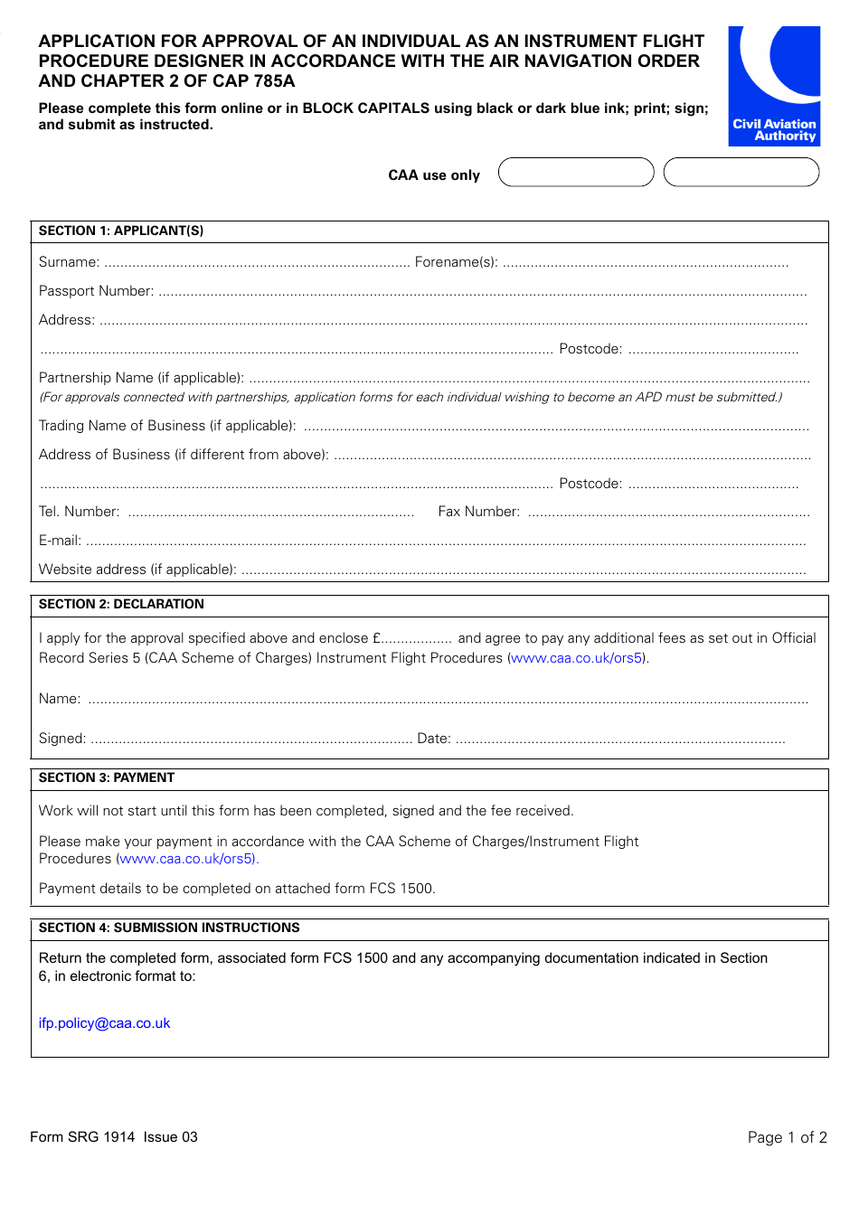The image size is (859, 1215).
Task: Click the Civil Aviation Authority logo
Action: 774,86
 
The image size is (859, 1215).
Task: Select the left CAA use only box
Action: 576,173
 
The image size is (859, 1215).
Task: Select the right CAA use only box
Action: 741,173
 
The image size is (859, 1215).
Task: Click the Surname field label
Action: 69,262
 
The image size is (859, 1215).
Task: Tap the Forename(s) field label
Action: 456,262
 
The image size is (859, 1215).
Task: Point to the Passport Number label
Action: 96,291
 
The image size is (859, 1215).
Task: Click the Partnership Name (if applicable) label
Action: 141,378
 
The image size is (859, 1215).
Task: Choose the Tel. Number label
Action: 79,512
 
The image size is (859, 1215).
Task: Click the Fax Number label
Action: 478,512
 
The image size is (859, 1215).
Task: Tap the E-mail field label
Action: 60,541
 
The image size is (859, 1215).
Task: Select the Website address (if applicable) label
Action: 137,570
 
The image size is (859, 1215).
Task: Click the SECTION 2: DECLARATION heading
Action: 121,604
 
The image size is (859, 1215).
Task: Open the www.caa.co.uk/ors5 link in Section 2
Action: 577,658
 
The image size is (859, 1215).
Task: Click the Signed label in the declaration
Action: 61,739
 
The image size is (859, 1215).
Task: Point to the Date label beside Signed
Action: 433,739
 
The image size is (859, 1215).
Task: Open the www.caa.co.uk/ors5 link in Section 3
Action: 188,859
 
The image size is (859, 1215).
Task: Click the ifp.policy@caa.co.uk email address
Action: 104,1023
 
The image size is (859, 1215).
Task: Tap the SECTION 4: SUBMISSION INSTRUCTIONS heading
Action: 168,928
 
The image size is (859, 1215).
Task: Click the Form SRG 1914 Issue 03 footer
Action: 114,1137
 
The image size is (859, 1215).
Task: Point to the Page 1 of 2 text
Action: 787,1137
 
